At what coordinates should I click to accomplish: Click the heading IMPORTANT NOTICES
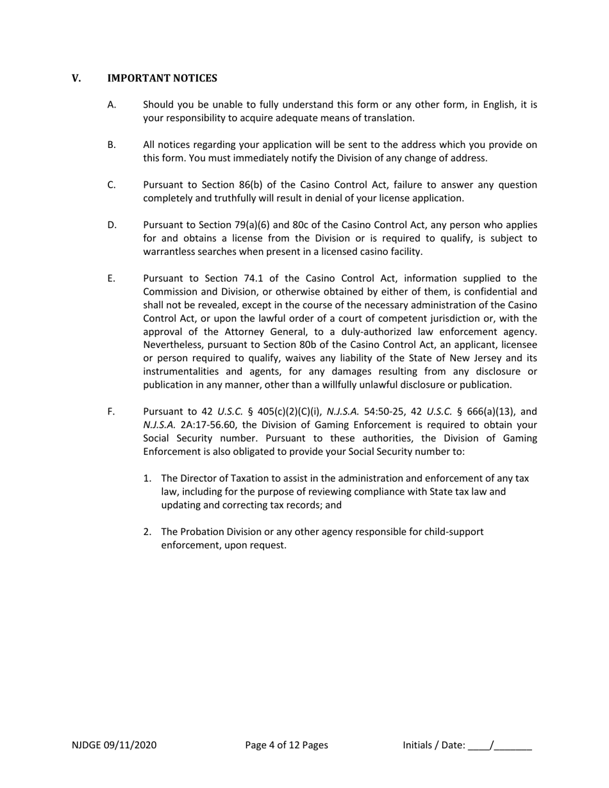coord(162,78)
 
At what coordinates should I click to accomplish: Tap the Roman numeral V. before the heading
coord(76,78)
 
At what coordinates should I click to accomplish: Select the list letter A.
coord(112,104)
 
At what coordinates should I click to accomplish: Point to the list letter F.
coord(111,411)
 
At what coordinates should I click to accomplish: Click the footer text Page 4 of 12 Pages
coord(287,744)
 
